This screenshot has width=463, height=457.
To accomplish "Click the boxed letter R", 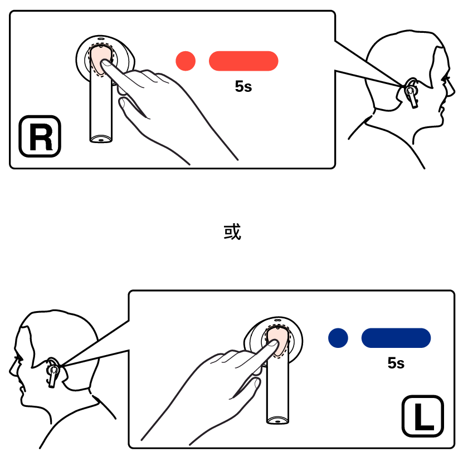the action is [x=40, y=136].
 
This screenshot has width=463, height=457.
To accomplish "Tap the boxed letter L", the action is [x=422, y=416].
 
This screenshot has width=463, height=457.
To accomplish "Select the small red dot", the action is [x=186, y=61].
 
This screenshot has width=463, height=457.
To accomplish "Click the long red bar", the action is [x=243, y=61].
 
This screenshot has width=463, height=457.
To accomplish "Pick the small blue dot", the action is [x=338, y=338].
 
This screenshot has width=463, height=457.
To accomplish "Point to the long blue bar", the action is [x=396, y=338].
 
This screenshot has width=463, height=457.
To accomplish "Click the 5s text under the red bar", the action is [x=243, y=86].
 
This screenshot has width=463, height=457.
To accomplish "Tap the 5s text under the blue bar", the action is [x=396, y=363].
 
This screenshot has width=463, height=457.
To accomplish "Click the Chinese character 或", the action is [x=232, y=232].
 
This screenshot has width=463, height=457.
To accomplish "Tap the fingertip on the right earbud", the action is [x=105, y=63].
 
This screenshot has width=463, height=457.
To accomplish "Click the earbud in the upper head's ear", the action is [x=411, y=93].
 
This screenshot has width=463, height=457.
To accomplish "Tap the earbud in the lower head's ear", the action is [x=53, y=372].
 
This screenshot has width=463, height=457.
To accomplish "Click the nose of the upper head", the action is [x=452, y=91].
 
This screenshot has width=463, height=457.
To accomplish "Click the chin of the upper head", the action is [x=441, y=120].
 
